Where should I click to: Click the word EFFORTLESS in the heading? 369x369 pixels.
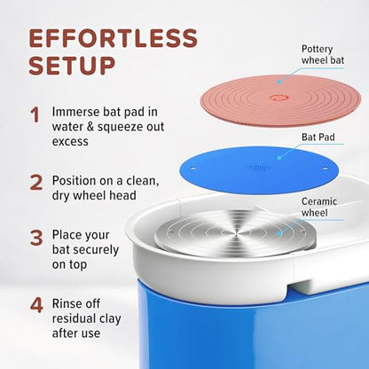(114, 38)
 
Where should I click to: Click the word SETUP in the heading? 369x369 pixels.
(72, 66)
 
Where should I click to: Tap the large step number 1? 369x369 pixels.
(35, 115)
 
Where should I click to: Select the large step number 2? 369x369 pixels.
(36, 183)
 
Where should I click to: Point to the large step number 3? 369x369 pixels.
(36, 239)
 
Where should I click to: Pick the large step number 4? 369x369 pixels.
(36, 305)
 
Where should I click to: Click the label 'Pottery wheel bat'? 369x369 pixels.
(323, 55)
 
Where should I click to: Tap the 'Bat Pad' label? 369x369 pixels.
(318, 137)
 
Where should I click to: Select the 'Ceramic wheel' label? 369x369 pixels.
(319, 207)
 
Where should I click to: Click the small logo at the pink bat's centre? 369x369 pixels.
(278, 98)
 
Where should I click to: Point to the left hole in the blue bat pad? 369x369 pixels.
(193, 169)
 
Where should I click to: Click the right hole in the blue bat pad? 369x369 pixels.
(325, 169)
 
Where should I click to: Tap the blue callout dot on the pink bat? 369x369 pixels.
(279, 82)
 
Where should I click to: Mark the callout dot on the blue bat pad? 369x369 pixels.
(279, 157)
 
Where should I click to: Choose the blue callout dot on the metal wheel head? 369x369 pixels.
(279, 233)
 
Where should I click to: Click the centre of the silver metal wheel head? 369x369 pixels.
(235, 233)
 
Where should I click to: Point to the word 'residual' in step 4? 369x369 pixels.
(74, 318)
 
